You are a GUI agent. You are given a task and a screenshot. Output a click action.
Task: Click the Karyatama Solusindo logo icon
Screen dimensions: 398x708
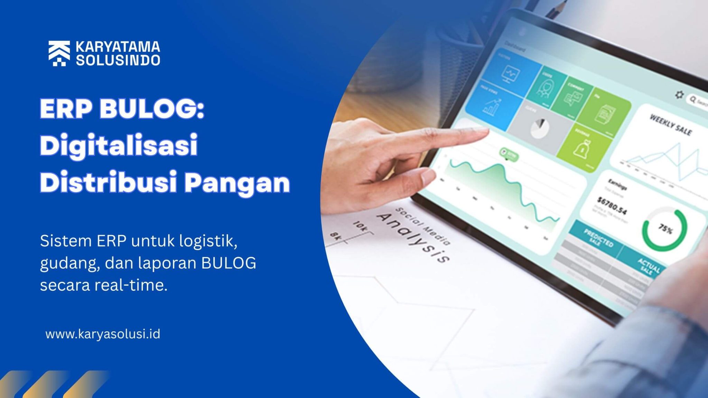click(59, 53)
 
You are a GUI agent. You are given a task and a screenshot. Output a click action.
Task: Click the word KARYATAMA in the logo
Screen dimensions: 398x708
click(118, 47)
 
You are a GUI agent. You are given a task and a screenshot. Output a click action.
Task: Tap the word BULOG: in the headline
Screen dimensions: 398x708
click(152, 109)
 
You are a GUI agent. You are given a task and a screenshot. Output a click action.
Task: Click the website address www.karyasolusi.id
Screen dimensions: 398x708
click(103, 334)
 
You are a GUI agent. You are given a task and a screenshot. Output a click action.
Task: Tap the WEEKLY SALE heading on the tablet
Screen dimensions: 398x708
click(670, 125)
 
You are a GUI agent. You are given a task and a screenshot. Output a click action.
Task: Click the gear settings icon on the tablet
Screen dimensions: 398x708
click(679, 95)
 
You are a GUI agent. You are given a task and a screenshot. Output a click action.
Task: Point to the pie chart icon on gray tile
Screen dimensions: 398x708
click(540, 128)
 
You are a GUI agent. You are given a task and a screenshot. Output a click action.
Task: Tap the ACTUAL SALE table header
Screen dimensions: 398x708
click(649, 266)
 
